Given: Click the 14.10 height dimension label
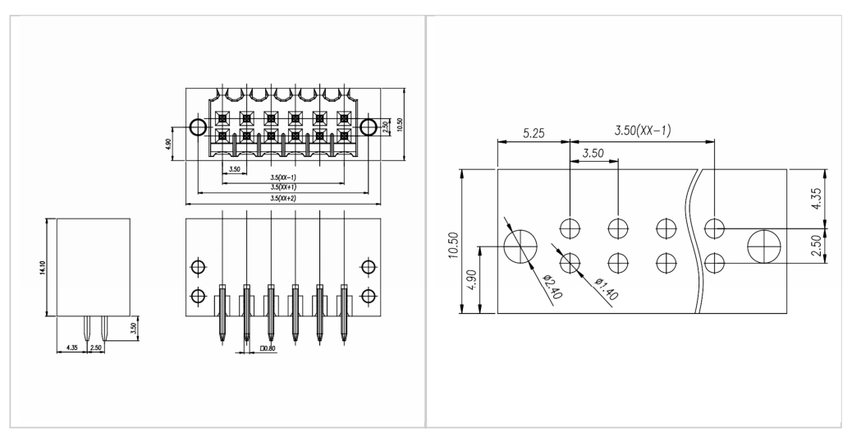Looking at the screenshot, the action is pos(43,268).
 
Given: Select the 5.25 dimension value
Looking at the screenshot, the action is pos(534,133).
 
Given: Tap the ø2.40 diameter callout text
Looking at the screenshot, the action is pos(553,287).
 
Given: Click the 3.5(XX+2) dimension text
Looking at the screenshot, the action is pos(283,199).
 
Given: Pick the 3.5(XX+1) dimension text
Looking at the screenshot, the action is pos(283,187).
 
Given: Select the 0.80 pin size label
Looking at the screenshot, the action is pos(268,348).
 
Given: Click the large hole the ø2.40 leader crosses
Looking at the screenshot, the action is pos(520,246).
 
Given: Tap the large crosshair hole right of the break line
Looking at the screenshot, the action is pos(764,246).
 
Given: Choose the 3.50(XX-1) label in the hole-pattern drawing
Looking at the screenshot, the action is pos(643,131).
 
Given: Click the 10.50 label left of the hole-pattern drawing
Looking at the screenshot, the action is pos(453,246).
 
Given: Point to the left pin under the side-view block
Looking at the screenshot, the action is pos(86,328).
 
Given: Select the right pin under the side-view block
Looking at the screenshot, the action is pos(103,328).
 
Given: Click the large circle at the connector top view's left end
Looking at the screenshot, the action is pos(198,127).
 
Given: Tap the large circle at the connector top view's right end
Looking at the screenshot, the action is pos(369,127).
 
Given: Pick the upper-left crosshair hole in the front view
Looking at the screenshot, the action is pos(198,267).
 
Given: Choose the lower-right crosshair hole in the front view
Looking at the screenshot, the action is pos(369,297).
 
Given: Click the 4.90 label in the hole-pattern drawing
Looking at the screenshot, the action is pos(472,279).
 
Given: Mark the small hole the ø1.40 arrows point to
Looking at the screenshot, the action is pos(570,264).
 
